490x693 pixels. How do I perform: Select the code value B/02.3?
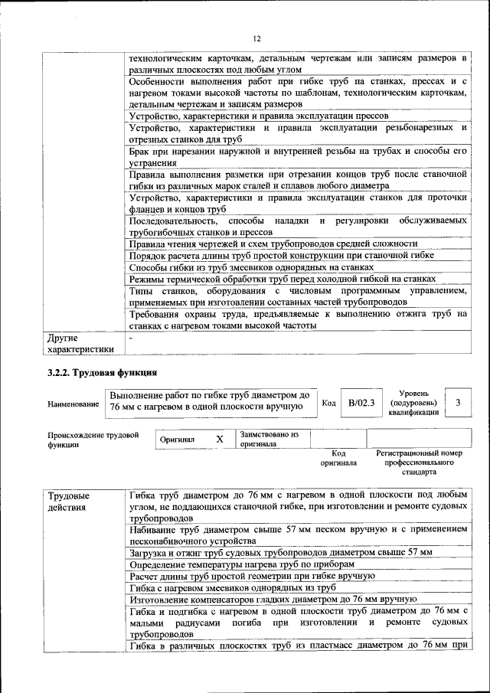361,402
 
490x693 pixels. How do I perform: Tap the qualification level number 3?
458,402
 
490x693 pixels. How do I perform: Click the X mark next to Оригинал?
219,440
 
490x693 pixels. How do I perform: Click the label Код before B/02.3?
328,403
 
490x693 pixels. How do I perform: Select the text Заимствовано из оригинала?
269,439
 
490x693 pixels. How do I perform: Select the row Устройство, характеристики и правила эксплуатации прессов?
262,116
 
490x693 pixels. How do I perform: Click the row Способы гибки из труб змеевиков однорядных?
251,267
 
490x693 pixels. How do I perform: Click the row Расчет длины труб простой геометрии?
252,576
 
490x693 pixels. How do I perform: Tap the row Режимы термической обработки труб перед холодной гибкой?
283,279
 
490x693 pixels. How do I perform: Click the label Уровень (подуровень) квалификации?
413,402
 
